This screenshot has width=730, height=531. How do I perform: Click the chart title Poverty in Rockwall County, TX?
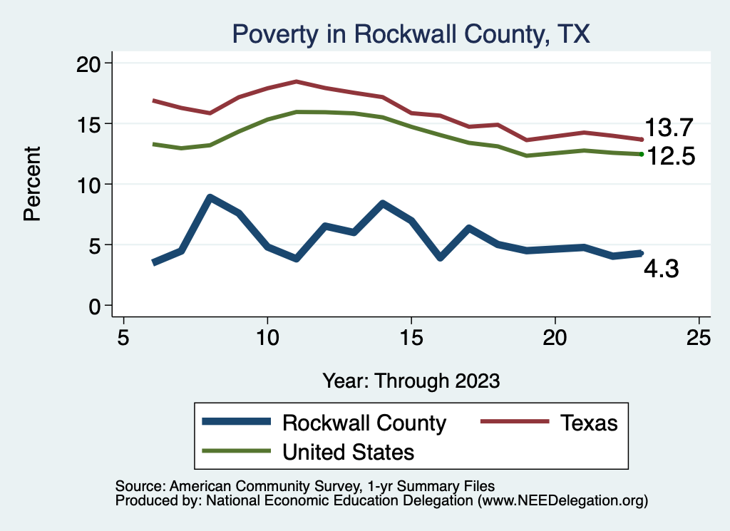point(411,34)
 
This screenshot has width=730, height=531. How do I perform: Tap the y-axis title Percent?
point(32,184)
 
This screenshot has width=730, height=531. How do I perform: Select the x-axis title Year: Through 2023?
point(411,380)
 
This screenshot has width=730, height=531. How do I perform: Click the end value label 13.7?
point(669,128)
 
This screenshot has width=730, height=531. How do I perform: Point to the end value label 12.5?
point(669,156)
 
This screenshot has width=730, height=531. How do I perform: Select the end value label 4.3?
point(662,269)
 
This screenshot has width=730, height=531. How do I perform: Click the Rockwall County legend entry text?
point(364,423)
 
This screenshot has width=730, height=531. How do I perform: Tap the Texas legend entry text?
point(588,423)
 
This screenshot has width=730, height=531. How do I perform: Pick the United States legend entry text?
point(348,451)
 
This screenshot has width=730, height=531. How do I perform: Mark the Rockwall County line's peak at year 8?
point(210,197)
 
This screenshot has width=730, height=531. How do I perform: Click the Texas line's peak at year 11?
point(297,82)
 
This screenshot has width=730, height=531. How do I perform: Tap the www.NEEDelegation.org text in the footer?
point(562,501)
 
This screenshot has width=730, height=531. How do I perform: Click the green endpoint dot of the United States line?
point(642,154)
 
